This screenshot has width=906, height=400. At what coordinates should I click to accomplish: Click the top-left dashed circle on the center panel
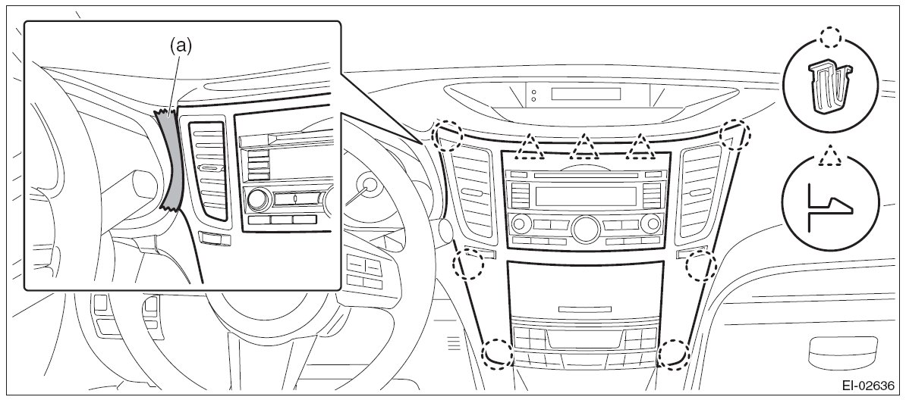448,134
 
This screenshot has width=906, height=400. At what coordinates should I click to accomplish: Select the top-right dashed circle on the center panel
735,134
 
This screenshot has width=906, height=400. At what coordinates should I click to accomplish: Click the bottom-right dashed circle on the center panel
672,353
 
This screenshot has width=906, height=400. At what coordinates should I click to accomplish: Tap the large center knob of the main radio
586,228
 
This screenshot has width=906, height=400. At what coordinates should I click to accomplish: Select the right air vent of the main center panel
701,192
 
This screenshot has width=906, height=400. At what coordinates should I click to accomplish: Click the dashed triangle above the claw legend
832,155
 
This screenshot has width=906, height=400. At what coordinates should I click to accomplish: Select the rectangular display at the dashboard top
586,94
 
